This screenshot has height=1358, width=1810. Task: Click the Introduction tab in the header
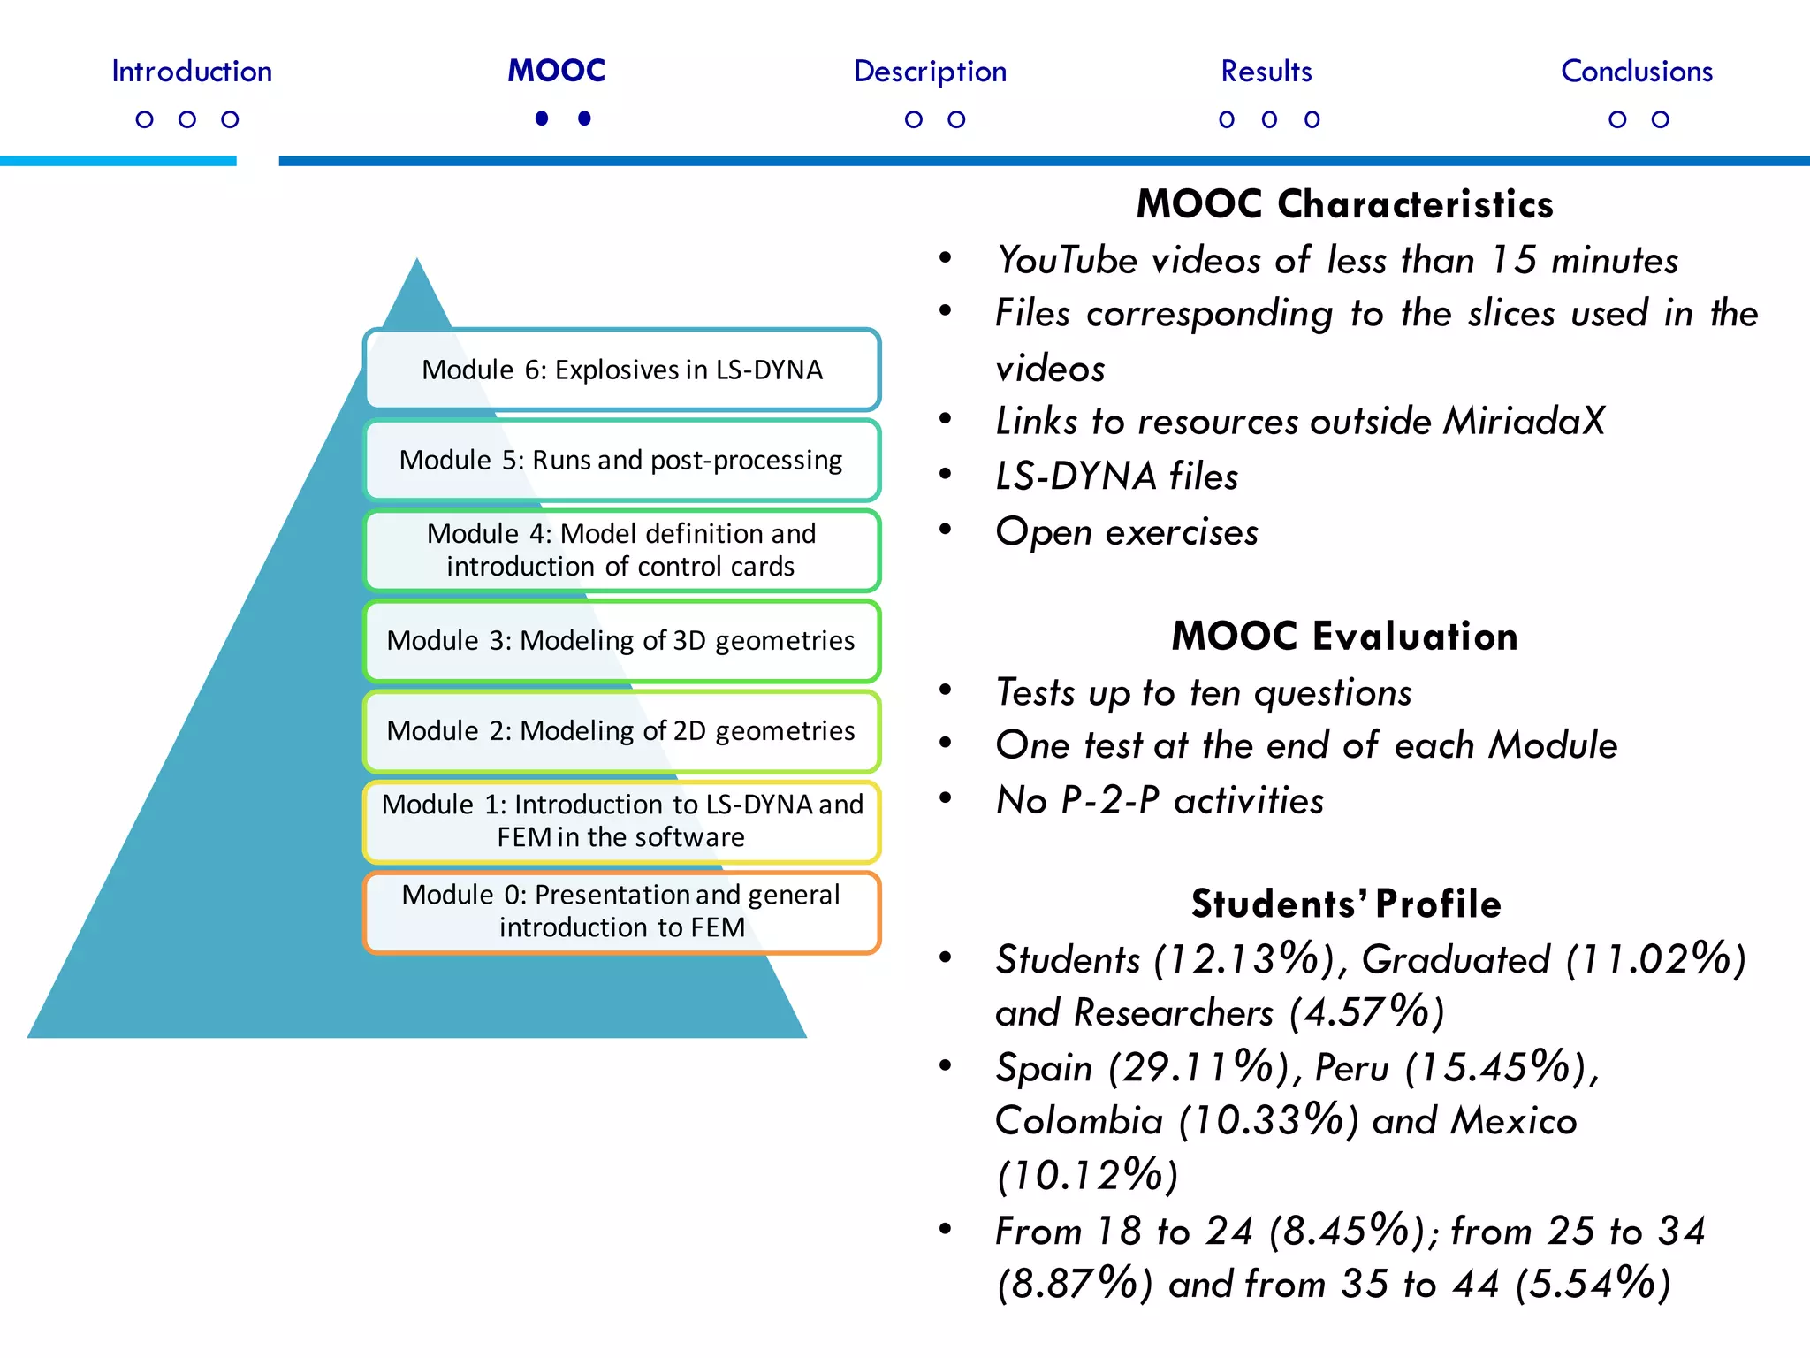click(x=192, y=72)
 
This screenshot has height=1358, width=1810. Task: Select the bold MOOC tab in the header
click(x=556, y=71)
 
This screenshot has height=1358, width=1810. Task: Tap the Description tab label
click(x=930, y=72)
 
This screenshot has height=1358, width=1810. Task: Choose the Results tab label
click(x=1266, y=72)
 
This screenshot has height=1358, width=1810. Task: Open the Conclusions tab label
click(x=1636, y=72)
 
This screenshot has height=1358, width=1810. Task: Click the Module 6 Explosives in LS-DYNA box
click(x=621, y=370)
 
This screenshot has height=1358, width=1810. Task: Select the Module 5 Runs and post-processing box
click(x=621, y=461)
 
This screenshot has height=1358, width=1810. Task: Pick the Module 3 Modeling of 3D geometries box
click(x=621, y=641)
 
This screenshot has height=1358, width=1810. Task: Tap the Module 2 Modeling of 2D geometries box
click(x=621, y=731)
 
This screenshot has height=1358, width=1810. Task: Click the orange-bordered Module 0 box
click(x=621, y=912)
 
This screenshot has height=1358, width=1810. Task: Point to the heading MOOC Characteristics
click(x=1344, y=204)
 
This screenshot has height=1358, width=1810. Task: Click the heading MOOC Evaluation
click(x=1344, y=637)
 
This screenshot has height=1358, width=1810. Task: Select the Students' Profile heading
click(x=1346, y=904)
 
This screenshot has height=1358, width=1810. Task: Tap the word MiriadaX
click(x=1523, y=422)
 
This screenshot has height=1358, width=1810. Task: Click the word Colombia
click(x=1078, y=1122)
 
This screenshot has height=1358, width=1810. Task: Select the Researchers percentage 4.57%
click(x=1365, y=1013)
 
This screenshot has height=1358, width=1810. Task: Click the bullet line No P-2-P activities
click(x=1160, y=801)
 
